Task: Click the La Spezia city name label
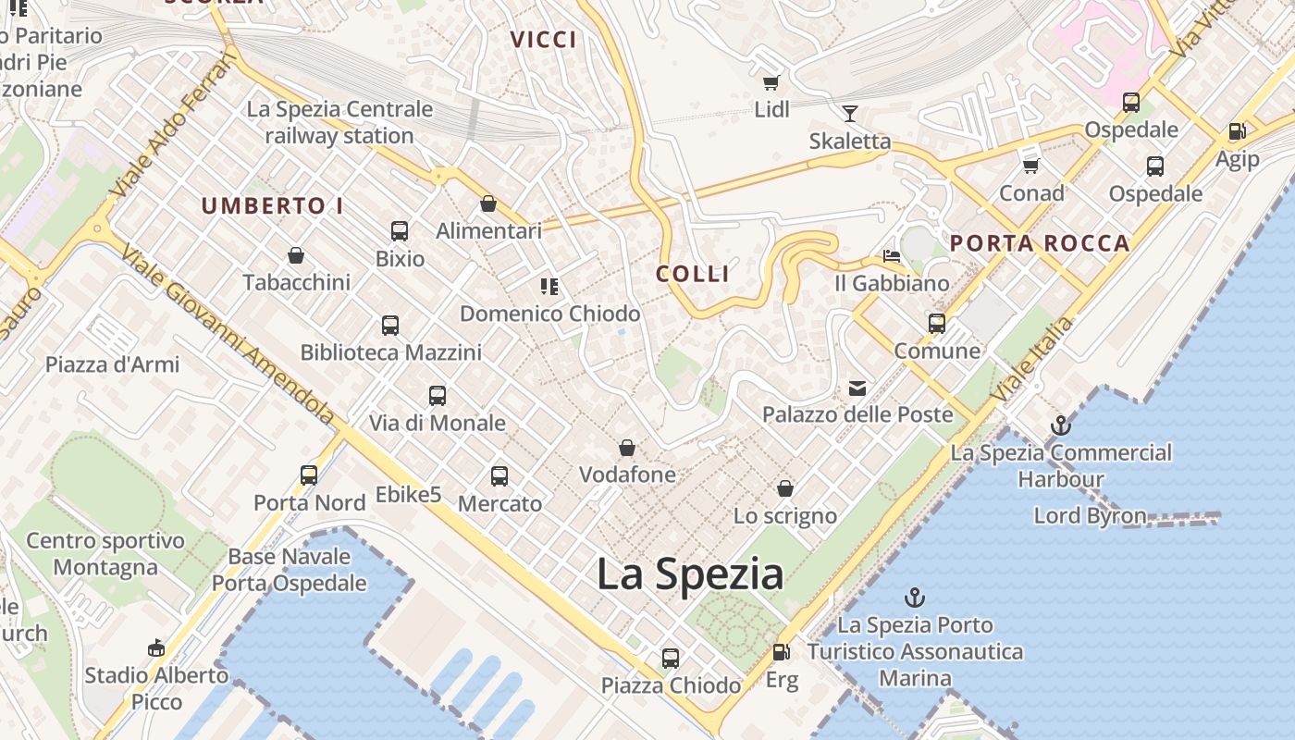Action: pyautogui.click(x=690, y=574)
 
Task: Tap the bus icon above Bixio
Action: pyautogui.click(x=400, y=230)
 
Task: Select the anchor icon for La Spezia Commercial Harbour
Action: pyautogui.click(x=1061, y=426)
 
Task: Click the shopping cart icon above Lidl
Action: pyautogui.click(x=771, y=82)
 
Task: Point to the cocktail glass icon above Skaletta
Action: pyautogui.click(x=849, y=114)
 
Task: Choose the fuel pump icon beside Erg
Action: pyautogui.click(x=782, y=652)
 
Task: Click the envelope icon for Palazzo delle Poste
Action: pyautogui.click(x=857, y=388)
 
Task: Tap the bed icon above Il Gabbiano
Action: pyautogui.click(x=892, y=255)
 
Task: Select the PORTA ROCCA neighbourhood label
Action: pyautogui.click(x=1040, y=244)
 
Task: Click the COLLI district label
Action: pyautogui.click(x=693, y=274)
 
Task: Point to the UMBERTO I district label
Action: pyautogui.click(x=272, y=205)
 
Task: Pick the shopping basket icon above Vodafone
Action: pyautogui.click(x=627, y=448)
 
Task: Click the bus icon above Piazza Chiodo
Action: pyautogui.click(x=671, y=659)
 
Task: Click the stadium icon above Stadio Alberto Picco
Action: pyautogui.click(x=156, y=647)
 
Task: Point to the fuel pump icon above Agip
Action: pyautogui.click(x=1237, y=131)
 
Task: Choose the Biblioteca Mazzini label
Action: pyautogui.click(x=390, y=352)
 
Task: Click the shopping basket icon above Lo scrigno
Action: pyautogui.click(x=785, y=488)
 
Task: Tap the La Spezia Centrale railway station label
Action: pyautogui.click(x=339, y=122)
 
